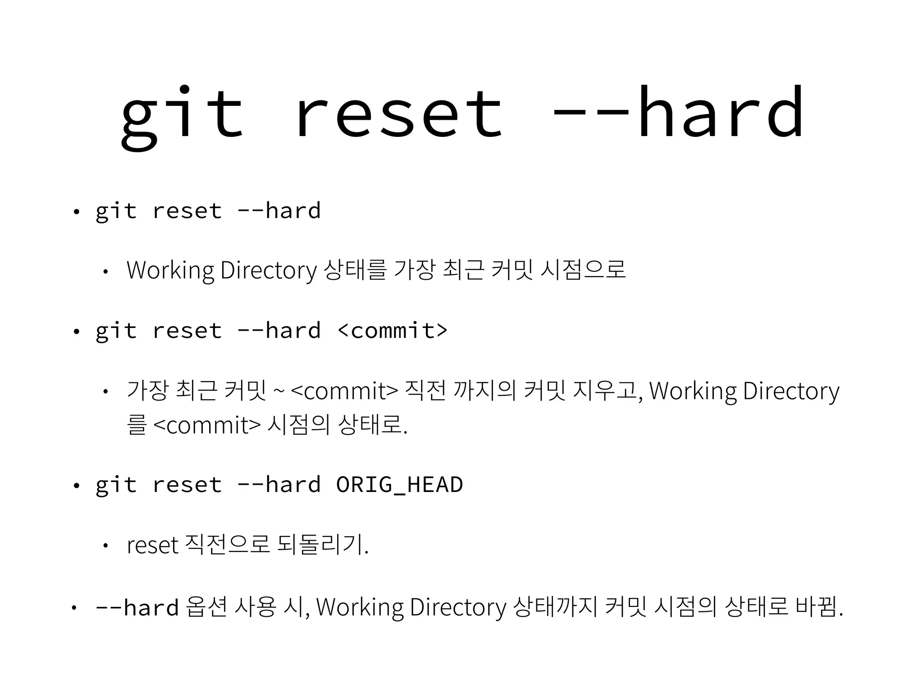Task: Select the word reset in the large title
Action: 399,115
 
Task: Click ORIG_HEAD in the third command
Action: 399,485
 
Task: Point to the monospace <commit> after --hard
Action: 392,330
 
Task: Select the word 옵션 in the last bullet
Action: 206,607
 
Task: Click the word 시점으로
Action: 583,270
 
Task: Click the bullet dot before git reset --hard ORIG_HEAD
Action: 76,486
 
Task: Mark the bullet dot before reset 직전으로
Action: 105,546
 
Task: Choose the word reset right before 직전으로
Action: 153,546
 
